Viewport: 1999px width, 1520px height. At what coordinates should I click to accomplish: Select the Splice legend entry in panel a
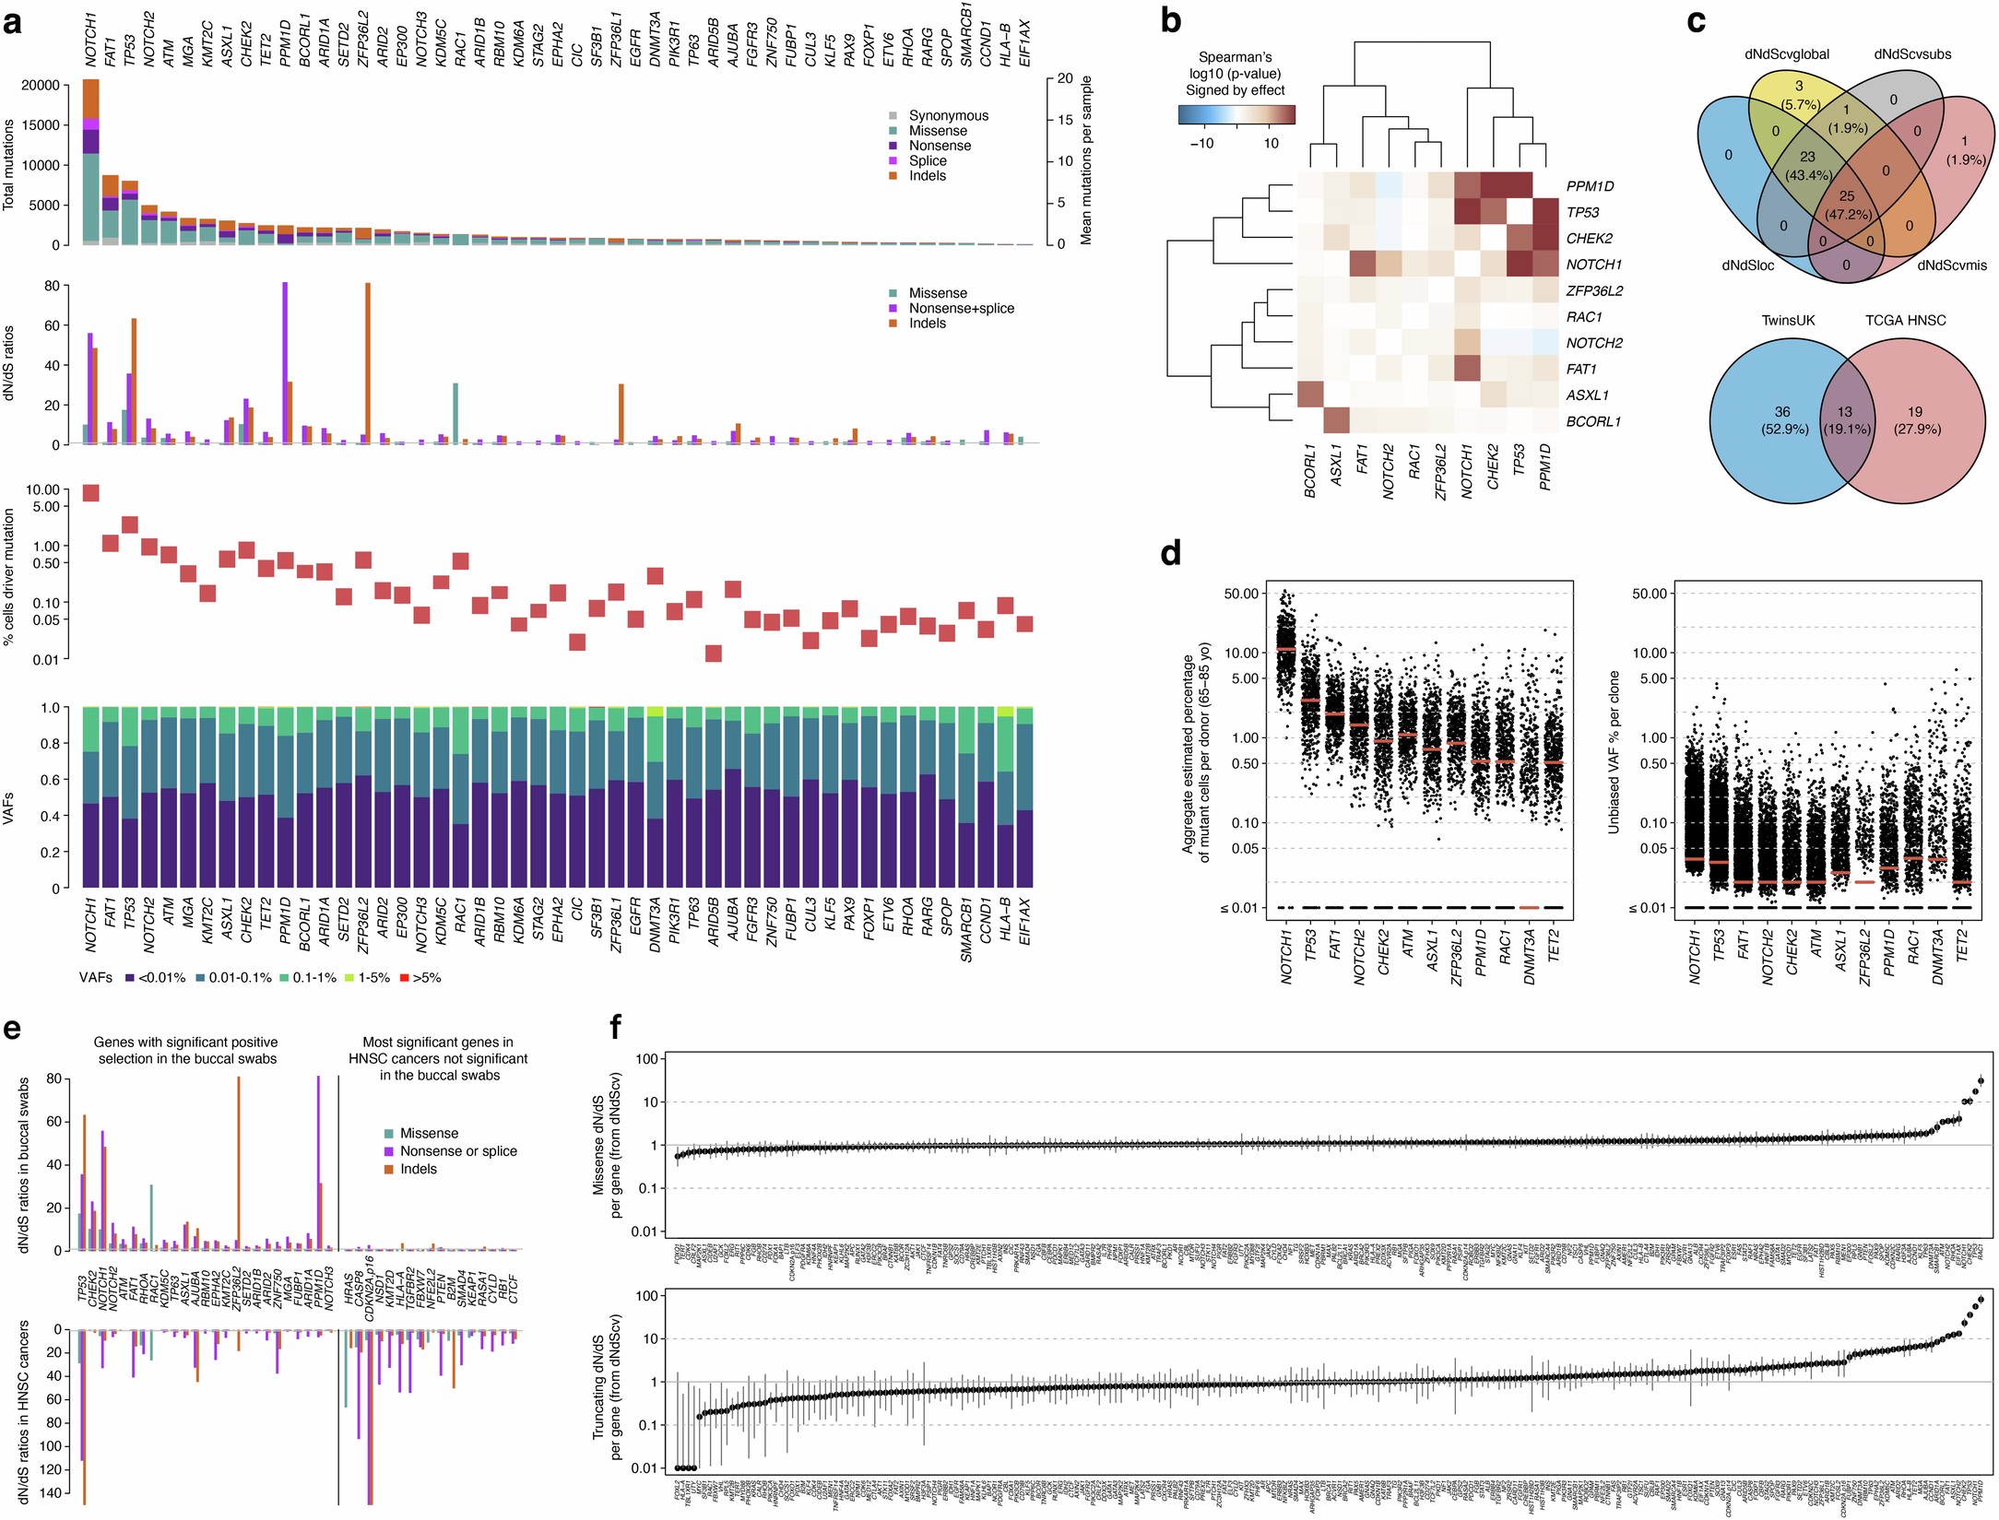tap(928, 160)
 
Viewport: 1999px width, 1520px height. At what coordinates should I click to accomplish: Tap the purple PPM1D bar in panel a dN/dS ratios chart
tap(284, 363)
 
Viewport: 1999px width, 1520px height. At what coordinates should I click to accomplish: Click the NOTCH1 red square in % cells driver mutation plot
tap(91, 493)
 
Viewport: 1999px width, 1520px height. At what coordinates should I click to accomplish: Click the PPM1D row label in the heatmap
tap(1590, 186)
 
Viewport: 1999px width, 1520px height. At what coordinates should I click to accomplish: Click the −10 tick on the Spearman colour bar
tap(1201, 143)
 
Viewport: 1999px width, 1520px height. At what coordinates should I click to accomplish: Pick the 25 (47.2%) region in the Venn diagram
tap(1847, 205)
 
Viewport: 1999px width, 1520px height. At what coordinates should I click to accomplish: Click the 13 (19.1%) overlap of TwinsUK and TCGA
tap(1845, 420)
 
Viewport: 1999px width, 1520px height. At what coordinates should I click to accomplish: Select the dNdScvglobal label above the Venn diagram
tap(1787, 54)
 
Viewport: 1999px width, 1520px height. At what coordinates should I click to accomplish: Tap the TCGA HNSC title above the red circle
tap(1906, 321)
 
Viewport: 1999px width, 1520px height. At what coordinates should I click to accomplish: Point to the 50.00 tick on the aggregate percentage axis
tap(1240, 594)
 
